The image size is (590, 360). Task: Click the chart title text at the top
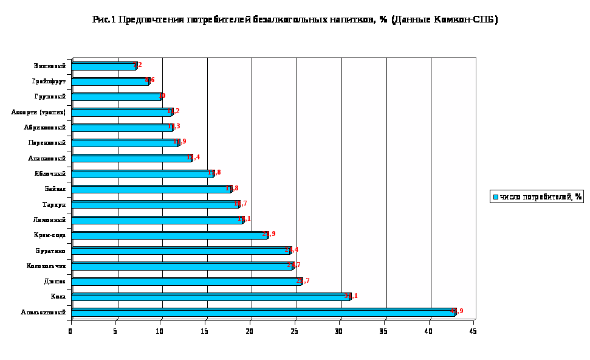tap(295, 19)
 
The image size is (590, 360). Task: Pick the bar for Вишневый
tap(103, 66)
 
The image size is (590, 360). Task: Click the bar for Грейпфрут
tap(109, 81)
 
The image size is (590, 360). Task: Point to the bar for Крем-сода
tap(170, 235)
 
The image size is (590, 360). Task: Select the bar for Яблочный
tap(142, 174)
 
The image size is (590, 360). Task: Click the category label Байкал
tap(54, 189)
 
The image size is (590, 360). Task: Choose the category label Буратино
tap(50, 251)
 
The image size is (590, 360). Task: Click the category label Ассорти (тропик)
tap(38, 112)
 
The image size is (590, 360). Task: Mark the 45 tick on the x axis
tap(472, 331)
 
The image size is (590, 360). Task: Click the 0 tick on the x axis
tap(70, 331)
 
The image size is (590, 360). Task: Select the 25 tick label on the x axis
tap(294, 331)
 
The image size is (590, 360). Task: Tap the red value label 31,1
tap(351, 296)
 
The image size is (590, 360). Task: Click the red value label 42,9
tap(456, 311)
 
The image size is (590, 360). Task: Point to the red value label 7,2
tap(137, 64)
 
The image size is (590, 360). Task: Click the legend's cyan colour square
tap(496, 196)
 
